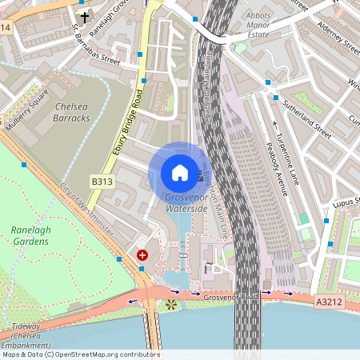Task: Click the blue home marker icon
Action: pos(180,172)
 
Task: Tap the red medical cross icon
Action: pos(142,255)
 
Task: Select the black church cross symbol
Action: pos(85,16)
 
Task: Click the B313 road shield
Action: pos(102,182)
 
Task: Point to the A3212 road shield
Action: pos(329,302)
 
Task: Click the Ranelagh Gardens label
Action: pos(31,236)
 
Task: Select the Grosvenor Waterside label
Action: pos(186,202)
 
